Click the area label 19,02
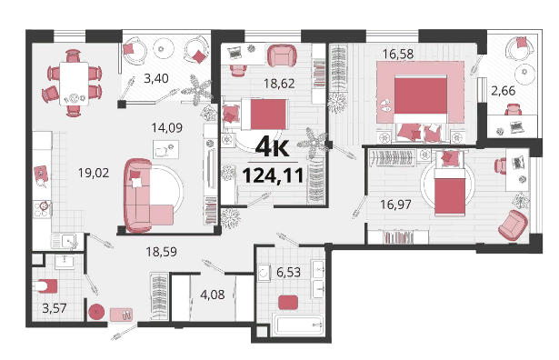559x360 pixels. pos(94,173)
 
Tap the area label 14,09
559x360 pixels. pos(167,127)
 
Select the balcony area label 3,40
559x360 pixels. pos(156,78)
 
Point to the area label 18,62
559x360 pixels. pos(279,84)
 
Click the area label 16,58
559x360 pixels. pos(398,54)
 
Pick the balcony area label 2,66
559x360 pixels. pos(503,91)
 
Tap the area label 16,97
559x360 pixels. pos(395,205)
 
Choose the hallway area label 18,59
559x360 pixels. pos(161,252)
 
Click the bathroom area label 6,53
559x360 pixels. pos(288,273)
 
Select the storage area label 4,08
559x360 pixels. pos(213,295)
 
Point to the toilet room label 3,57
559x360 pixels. pos(55,308)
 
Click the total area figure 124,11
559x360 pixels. pos(273,175)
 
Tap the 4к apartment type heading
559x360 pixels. pos(273,146)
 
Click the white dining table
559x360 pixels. pos(74,84)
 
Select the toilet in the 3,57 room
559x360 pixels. pos(45,285)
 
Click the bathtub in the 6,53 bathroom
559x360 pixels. pos(298,325)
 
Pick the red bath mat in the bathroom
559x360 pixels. pos(288,303)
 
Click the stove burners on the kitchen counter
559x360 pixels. pos(42,209)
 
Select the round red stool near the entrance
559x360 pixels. pos(96,313)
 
